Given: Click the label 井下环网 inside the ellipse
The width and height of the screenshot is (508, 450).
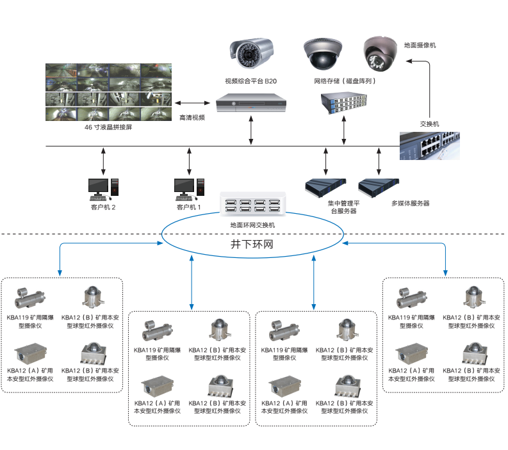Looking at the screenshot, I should click(x=252, y=245).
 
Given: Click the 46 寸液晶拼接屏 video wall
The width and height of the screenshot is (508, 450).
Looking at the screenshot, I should click(x=108, y=92).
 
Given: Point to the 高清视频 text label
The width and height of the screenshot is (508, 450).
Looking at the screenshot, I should click(x=192, y=118).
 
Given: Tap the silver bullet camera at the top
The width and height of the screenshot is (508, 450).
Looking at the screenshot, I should click(x=252, y=54).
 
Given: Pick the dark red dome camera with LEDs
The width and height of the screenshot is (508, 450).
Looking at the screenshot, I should click(x=382, y=54).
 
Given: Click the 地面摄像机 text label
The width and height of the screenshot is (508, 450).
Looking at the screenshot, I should click(x=420, y=45).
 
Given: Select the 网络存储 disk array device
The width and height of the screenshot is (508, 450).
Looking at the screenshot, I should click(x=344, y=103).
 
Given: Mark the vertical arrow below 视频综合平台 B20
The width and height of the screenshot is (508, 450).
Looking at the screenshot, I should click(x=250, y=131).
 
